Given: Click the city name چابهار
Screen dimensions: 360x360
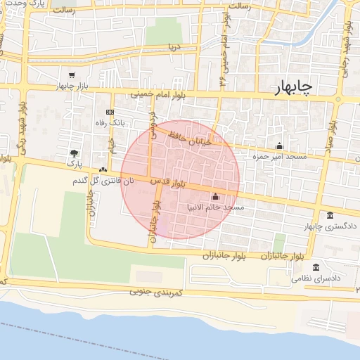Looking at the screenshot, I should click(x=295, y=87).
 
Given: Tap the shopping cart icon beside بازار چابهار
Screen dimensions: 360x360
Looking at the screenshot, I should click(x=72, y=75).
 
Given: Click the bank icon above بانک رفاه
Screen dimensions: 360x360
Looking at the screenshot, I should click(x=110, y=112).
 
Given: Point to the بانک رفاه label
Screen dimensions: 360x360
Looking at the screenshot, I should click(x=109, y=123).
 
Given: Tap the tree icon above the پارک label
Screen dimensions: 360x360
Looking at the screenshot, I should click(x=74, y=153).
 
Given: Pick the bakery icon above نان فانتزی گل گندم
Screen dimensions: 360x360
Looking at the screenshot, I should click(x=103, y=169).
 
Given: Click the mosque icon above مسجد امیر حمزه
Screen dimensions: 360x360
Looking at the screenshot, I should click(x=280, y=146).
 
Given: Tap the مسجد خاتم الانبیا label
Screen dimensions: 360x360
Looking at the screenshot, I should click(x=216, y=208).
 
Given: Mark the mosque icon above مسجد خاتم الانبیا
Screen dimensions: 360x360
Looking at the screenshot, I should click(x=214, y=196).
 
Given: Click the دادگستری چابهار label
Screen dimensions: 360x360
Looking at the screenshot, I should click(x=330, y=226).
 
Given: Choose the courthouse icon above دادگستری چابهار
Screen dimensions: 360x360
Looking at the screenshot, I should click(x=330, y=214).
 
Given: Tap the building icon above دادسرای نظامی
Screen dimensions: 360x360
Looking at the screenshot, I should click(x=316, y=267).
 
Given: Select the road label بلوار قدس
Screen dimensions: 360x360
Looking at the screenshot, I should click(x=168, y=182).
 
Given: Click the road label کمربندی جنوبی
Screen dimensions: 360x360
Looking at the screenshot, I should click(x=157, y=291).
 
